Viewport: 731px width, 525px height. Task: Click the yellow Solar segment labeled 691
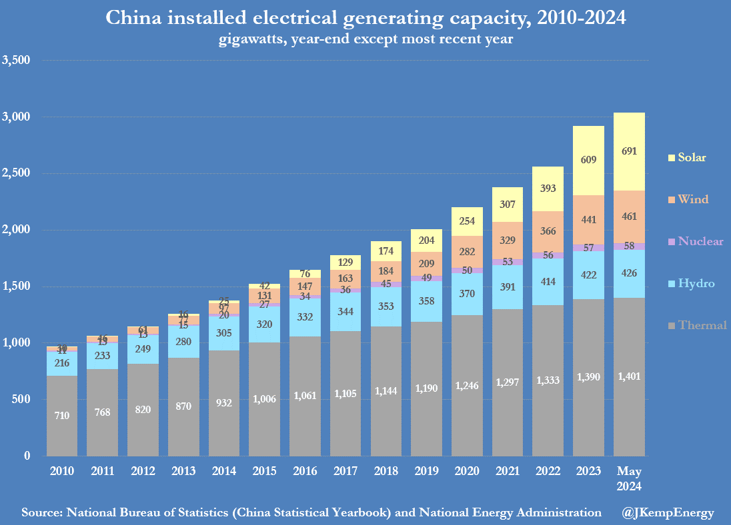[x=629, y=152]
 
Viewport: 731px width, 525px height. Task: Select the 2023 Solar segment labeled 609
[x=589, y=161]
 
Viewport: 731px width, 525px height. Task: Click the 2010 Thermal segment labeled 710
[x=62, y=416]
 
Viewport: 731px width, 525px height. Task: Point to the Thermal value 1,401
[x=629, y=376]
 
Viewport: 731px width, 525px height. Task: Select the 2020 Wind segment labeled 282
[x=468, y=251]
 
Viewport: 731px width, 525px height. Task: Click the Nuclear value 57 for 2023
[x=589, y=248]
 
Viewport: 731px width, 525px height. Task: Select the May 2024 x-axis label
[x=629, y=479]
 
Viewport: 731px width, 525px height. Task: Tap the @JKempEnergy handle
[x=668, y=512]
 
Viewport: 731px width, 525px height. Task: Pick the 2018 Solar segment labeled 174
[x=386, y=251]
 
